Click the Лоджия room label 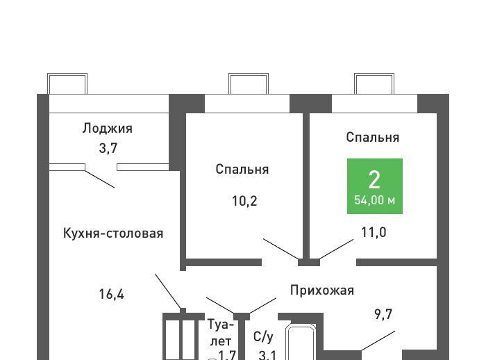click(x=107, y=128)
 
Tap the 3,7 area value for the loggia click(x=107, y=147)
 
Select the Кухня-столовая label click(x=113, y=233)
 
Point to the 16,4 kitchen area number click(x=112, y=293)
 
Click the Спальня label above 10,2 click(x=242, y=169)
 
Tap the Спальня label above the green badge click(x=373, y=137)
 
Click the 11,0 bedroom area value click(x=374, y=232)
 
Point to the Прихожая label click(x=322, y=290)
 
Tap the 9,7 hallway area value click(x=383, y=314)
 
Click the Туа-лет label click(x=221, y=332)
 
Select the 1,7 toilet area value click(x=227, y=355)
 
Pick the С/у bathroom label click(x=263, y=337)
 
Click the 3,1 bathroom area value click(x=267, y=355)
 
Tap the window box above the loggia click(x=67, y=83)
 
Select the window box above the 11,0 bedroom click(x=375, y=83)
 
